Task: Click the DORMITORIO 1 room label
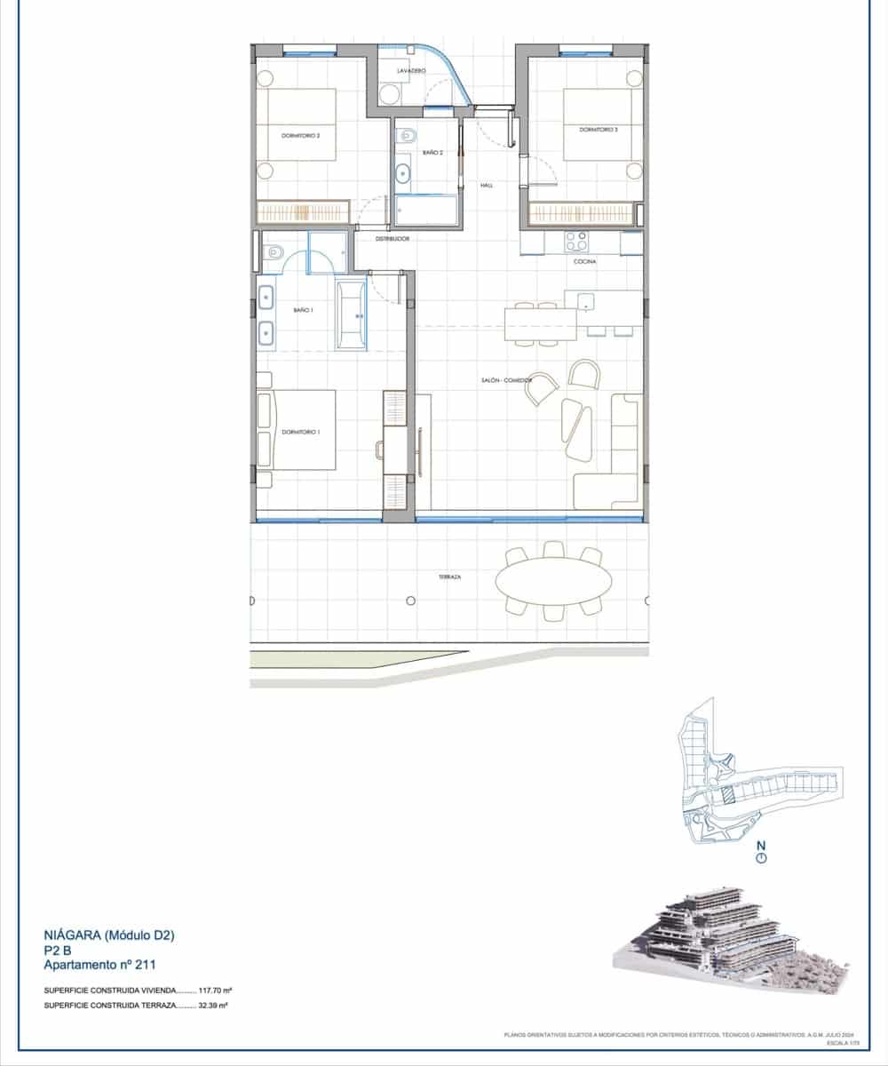(300, 432)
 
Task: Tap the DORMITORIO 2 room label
(300, 136)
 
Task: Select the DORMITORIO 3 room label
(598, 130)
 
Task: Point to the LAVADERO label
(411, 70)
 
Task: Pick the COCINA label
(584, 262)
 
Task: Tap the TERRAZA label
(449, 576)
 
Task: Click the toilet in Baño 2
(408, 136)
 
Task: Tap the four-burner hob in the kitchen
(576, 241)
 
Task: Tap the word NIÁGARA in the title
(73, 935)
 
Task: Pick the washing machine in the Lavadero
(389, 93)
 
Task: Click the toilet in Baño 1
(274, 252)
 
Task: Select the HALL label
(486, 186)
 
